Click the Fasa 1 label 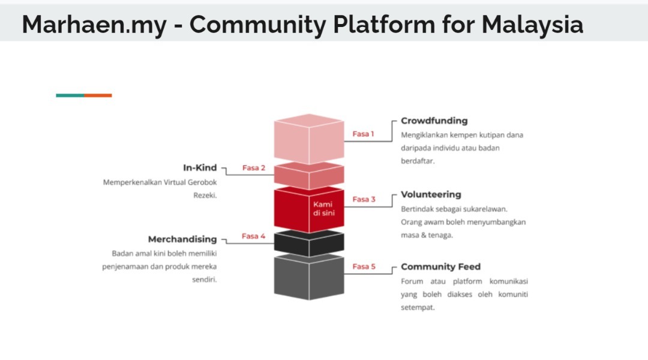tap(363, 134)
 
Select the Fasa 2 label tap(254, 168)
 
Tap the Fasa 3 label tap(364, 199)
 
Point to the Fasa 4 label tap(253, 236)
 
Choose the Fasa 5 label tap(364, 266)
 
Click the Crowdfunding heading tap(434, 121)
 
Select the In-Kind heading tap(200, 167)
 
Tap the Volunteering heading tap(431, 194)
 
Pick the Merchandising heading tap(182, 239)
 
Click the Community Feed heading tap(440, 267)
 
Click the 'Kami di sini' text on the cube tap(323, 209)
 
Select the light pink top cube tap(309, 139)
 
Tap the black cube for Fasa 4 tap(309, 244)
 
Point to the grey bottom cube tap(309, 277)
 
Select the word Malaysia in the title tap(532, 25)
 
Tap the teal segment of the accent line tap(70, 95)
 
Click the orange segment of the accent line tap(98, 95)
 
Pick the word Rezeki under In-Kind tap(205, 195)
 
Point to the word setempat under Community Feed tap(418, 308)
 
